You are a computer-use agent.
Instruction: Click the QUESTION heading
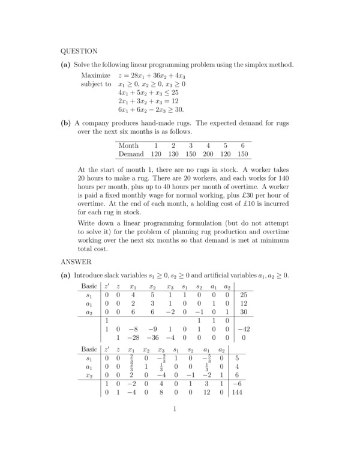coord(79,51)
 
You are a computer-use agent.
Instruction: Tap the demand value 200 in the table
coord(209,154)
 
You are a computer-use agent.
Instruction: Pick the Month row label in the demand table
coord(128,145)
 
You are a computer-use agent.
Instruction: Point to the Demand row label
coord(132,154)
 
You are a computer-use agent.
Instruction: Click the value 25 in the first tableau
coord(242,295)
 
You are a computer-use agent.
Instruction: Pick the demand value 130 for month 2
coord(173,154)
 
